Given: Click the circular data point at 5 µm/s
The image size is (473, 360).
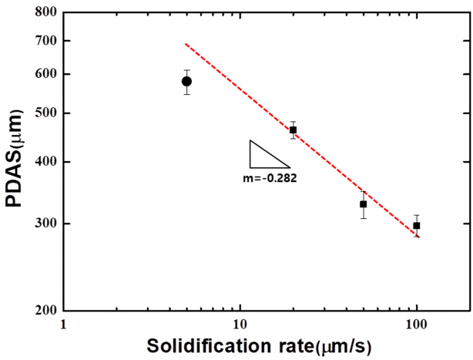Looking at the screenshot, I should [186, 81].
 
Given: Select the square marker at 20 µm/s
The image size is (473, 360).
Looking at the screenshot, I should [293, 130].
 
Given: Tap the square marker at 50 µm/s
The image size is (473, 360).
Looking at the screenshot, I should [363, 204].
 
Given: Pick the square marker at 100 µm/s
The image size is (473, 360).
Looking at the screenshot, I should [416, 226].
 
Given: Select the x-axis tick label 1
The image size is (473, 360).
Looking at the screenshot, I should [62, 325].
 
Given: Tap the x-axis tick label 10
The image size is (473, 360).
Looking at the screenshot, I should [240, 325].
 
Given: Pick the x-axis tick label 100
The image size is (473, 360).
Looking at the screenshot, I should [417, 325].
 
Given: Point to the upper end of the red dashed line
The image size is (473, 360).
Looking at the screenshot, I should [186, 44].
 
